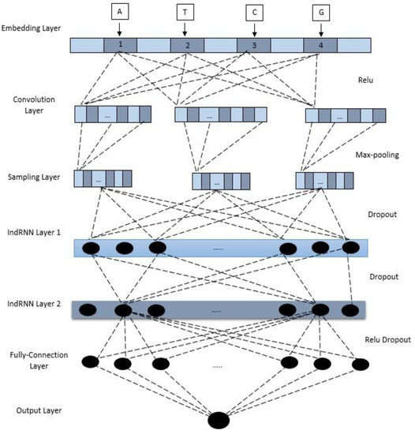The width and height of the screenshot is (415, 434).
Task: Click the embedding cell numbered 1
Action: click(118, 46)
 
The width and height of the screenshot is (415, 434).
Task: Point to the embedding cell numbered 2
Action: click(187, 46)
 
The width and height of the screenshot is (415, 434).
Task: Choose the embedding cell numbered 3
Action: click(252, 46)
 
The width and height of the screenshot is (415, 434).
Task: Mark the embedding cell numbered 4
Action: click(320, 46)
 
